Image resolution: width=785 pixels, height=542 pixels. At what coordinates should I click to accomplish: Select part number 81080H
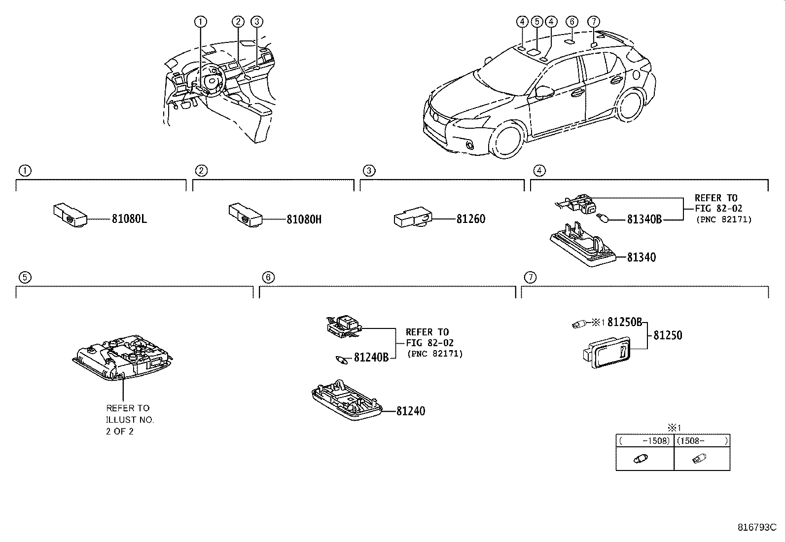coord(304,219)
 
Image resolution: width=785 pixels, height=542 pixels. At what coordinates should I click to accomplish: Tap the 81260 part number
coord(470,219)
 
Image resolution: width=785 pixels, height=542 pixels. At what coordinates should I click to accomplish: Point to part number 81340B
coord(644,219)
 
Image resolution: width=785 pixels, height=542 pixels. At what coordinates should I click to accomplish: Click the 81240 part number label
coord(410,411)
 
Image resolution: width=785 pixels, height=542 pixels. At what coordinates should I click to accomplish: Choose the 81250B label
coord(624,322)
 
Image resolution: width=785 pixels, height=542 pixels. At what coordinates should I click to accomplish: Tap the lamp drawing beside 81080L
coord(70,216)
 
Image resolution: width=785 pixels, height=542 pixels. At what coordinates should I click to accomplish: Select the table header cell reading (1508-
coord(702,441)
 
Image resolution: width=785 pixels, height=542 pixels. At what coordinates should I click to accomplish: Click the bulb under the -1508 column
coord(640,459)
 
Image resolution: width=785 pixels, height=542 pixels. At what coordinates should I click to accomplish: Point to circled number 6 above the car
coord(571,21)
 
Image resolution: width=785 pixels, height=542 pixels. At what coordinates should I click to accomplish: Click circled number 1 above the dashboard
coord(200,21)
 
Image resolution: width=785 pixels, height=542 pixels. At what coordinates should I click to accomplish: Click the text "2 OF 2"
coord(120,431)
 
